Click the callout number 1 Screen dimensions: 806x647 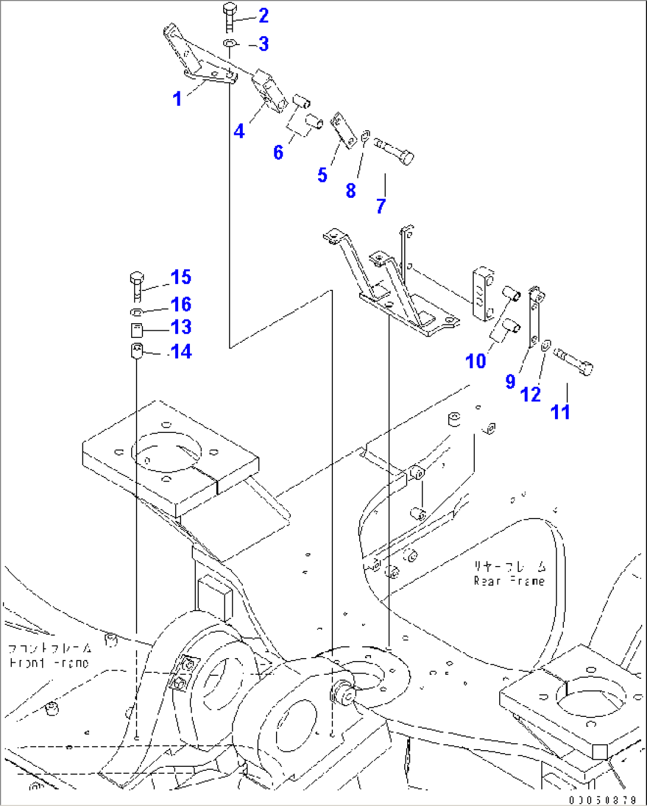point(177,99)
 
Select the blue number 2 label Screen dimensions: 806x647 point(264,16)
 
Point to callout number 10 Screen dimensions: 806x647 point(476,361)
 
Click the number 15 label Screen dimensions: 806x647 point(180,277)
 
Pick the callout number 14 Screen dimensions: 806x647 point(181,352)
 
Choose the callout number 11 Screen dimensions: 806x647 point(560,412)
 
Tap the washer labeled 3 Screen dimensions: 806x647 point(230,43)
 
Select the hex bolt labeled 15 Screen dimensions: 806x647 point(137,286)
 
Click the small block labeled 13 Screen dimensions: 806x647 point(137,330)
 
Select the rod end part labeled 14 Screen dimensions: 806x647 point(137,350)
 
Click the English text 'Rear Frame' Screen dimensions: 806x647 point(509,581)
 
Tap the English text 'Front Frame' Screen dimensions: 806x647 point(49,663)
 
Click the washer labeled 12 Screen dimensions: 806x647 point(546,344)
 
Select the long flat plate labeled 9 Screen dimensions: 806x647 point(534,318)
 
